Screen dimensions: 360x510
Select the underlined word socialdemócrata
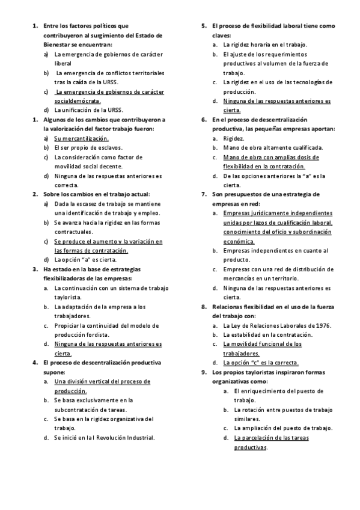[x=78, y=101]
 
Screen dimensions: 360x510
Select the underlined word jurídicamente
[x=266, y=213]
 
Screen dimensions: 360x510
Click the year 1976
[x=323, y=325]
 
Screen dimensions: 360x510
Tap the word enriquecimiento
[x=267, y=391]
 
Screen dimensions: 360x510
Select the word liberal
[x=63, y=63]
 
